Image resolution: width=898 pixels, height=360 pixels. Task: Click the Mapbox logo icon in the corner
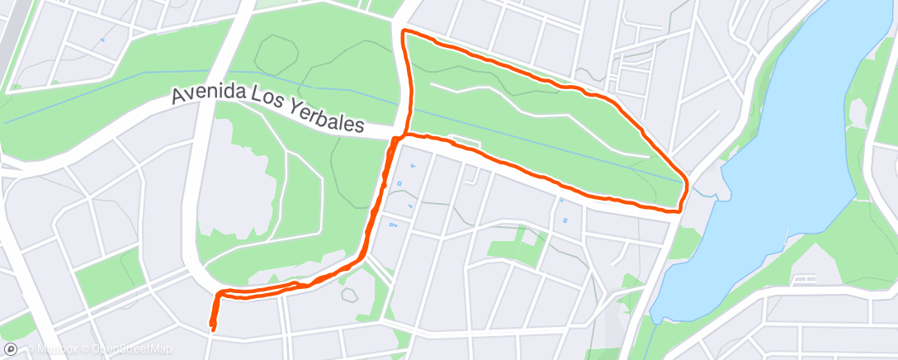click(11, 349)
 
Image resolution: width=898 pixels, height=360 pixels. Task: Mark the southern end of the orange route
click(213, 329)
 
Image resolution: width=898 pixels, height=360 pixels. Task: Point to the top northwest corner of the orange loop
click(404, 32)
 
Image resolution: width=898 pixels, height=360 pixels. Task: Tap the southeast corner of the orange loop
click(678, 211)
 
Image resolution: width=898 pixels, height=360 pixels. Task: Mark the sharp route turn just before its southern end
click(218, 294)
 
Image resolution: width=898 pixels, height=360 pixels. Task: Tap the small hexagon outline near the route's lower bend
click(350, 293)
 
